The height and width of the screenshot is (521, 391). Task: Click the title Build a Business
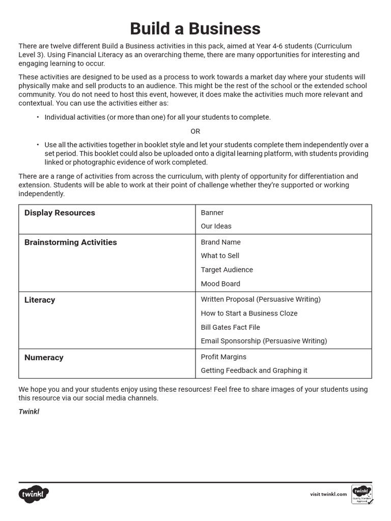195,28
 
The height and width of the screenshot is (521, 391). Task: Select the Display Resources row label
60,213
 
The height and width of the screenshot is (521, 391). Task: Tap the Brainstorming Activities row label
71,242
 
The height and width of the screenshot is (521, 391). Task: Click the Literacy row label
40,300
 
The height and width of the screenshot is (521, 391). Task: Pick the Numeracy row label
44,357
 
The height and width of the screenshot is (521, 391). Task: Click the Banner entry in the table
212,213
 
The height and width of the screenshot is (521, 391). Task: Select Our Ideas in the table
216,226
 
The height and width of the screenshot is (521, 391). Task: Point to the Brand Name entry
220,242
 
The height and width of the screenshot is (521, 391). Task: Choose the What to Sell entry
220,255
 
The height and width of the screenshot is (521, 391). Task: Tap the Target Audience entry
227,270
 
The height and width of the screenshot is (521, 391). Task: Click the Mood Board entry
220,283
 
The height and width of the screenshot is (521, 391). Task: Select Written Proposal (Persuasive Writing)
261,299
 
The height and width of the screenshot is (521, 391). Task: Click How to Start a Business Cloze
249,313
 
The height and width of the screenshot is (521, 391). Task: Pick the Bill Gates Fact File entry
230,327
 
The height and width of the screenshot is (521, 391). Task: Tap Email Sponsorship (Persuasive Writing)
264,341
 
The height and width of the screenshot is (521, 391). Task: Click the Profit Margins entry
224,357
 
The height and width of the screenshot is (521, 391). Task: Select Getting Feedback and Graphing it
254,370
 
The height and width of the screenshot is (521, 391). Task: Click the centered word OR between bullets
195,131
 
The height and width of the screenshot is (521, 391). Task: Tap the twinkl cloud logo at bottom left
34,494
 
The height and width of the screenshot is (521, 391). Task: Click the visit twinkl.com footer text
328,494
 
